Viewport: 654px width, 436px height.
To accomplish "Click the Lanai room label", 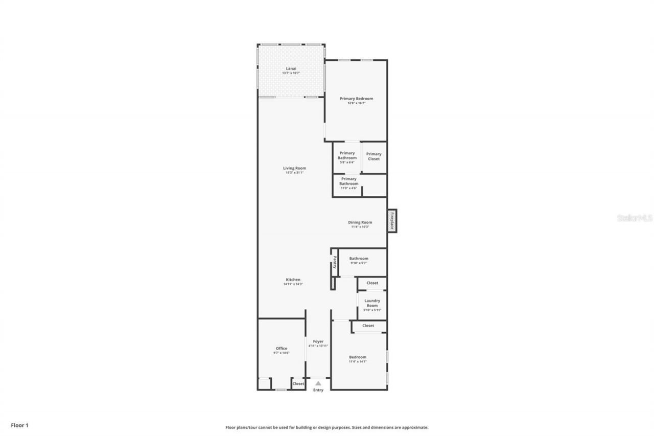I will click(291, 68).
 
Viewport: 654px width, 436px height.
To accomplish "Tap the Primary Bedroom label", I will click(357, 99).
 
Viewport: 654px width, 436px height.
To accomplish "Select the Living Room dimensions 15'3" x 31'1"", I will click(294, 173).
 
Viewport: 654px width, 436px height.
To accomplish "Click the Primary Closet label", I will click(373, 156).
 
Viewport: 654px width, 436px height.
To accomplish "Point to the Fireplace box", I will click(392, 221).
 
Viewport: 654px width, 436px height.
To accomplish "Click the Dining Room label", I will click(360, 222).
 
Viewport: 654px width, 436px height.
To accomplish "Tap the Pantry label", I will click(335, 263).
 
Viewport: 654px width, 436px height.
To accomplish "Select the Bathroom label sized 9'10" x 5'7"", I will click(359, 259).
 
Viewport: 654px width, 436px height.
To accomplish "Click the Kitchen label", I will click(293, 280).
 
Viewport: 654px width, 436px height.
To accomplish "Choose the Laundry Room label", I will click(372, 303).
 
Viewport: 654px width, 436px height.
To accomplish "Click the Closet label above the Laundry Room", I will click(372, 283).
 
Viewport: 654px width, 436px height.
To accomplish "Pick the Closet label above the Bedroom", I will click(368, 326).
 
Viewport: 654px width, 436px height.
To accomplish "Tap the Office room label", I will click(282, 349).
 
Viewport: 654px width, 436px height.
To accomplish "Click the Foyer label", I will click(318, 341).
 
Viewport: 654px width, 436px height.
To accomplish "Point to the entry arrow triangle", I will click(318, 383).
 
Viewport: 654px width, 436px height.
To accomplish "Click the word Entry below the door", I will click(318, 390).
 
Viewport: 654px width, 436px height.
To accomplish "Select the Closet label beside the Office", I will click(298, 383).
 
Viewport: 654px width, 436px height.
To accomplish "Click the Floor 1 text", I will click(19, 425).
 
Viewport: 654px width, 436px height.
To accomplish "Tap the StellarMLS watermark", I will click(635, 218).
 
